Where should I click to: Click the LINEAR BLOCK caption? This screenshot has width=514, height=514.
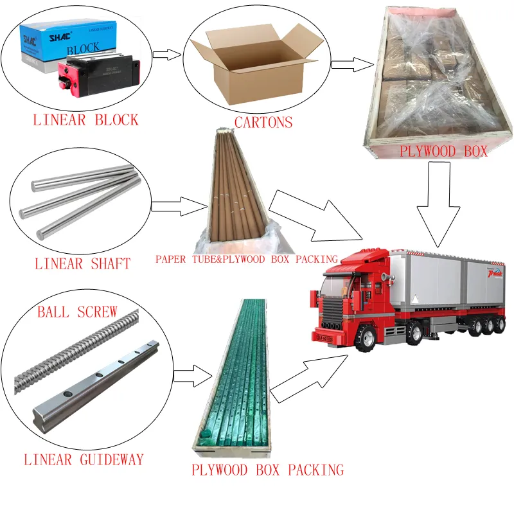click(85, 120)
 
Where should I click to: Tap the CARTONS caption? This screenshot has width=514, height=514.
click(263, 122)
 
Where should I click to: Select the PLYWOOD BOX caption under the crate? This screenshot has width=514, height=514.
click(444, 152)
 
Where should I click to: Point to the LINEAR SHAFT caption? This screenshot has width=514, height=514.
click(82, 263)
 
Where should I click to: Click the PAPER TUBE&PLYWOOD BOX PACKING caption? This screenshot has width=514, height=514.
click(246, 260)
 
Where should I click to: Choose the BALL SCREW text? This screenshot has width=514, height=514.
click(77, 312)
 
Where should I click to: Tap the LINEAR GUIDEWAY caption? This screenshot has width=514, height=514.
click(84, 459)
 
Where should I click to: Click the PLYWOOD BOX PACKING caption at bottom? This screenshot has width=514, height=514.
click(267, 470)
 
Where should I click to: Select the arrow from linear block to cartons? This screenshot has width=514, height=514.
click(166, 54)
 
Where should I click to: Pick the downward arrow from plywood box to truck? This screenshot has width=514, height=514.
click(438, 206)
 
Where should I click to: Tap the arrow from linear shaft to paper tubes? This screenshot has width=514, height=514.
click(180, 206)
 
